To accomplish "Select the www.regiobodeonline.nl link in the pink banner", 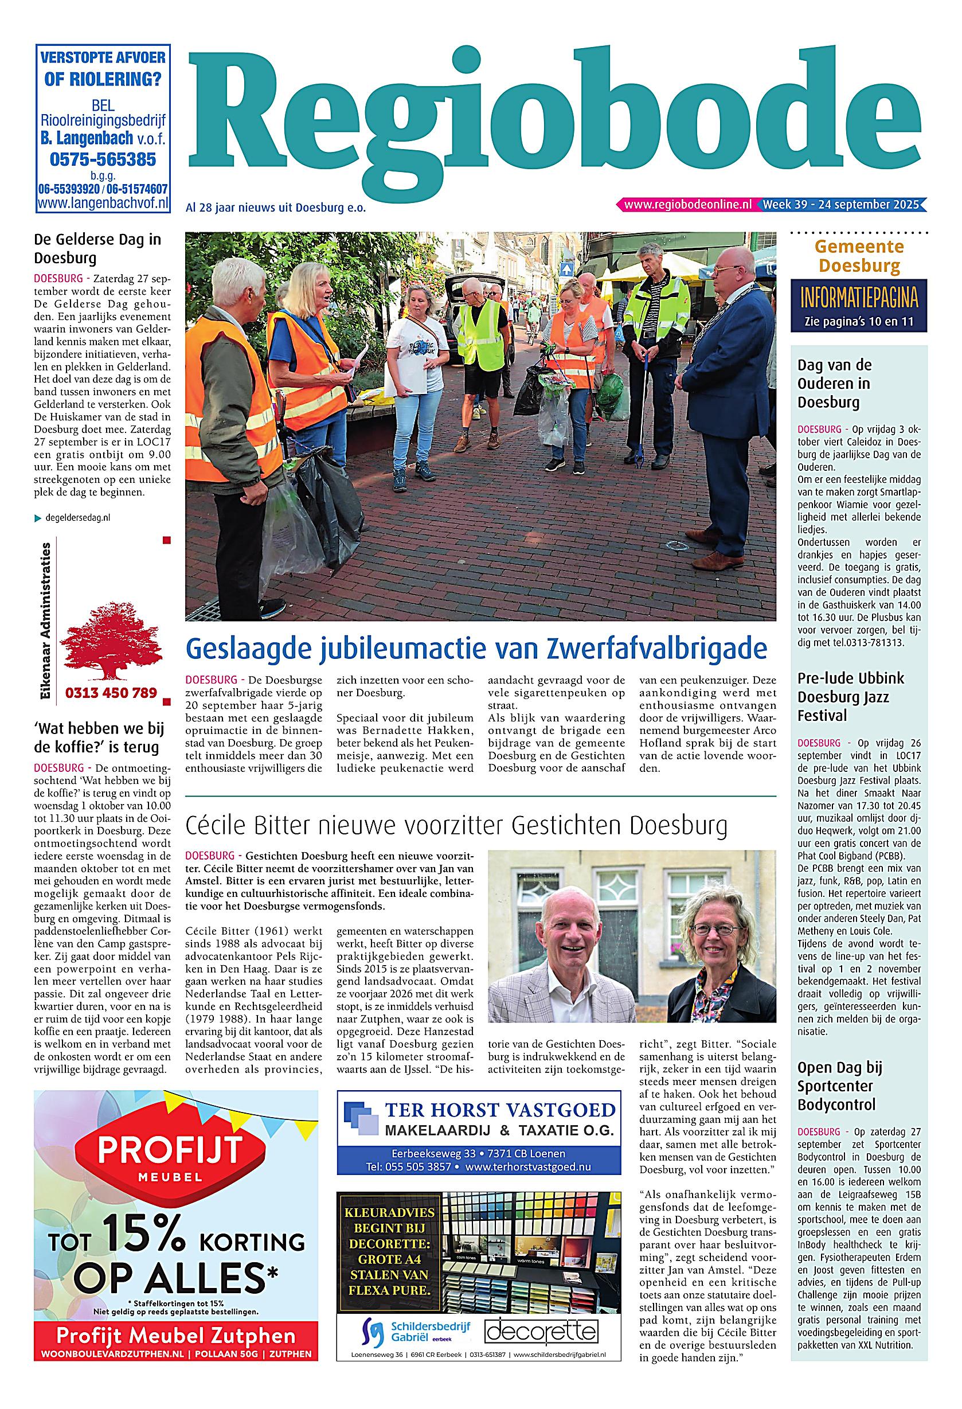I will [687, 205].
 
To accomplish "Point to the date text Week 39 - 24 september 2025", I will [841, 204].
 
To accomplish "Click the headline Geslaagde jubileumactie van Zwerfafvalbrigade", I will [476, 648].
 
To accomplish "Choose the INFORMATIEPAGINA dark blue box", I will [858, 306].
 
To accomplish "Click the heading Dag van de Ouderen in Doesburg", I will [834, 384].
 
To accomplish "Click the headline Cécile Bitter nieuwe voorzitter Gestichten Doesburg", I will [456, 826].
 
